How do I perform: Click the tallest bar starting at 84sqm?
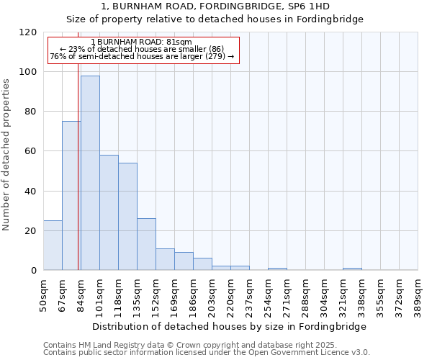(90, 173)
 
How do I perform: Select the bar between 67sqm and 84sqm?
(71, 196)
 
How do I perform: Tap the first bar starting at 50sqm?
(53, 246)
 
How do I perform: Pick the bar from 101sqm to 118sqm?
(109, 212)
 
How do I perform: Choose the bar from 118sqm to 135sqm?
(127, 216)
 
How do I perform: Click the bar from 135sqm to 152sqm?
(146, 244)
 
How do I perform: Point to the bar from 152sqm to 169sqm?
(165, 259)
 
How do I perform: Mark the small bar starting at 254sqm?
(277, 269)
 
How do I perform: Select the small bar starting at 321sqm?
(352, 269)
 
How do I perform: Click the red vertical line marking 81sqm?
(78, 180)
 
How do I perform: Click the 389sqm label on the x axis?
(418, 294)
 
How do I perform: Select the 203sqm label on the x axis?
(212, 294)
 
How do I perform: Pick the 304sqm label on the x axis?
(325, 294)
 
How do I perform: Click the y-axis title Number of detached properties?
(7, 155)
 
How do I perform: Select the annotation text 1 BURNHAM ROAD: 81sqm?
(142, 42)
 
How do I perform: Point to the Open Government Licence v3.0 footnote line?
(207, 353)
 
